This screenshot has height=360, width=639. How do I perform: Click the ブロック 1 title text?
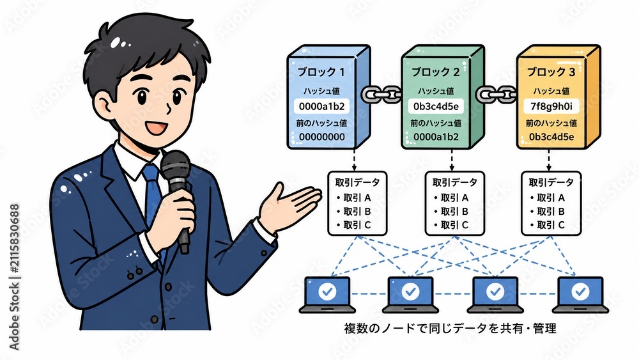pyautogui.click(x=321, y=72)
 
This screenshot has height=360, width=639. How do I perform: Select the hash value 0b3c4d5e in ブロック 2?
pyautogui.click(x=436, y=107)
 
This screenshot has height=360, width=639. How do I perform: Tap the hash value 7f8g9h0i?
pyautogui.click(x=551, y=106)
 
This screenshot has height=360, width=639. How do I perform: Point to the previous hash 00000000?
pyautogui.click(x=321, y=137)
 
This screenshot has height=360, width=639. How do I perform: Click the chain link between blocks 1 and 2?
pyautogui.click(x=381, y=94)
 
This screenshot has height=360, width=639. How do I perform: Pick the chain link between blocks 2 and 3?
pyautogui.click(x=497, y=94)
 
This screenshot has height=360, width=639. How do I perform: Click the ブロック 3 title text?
pyautogui.click(x=551, y=72)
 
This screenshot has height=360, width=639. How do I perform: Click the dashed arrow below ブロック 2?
pyautogui.click(x=452, y=160)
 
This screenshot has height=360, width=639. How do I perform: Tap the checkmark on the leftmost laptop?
pyautogui.click(x=327, y=292)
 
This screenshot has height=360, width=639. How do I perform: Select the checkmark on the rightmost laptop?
pyautogui.click(x=580, y=292)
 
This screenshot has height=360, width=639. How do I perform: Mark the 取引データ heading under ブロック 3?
pyautogui.click(x=551, y=183)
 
